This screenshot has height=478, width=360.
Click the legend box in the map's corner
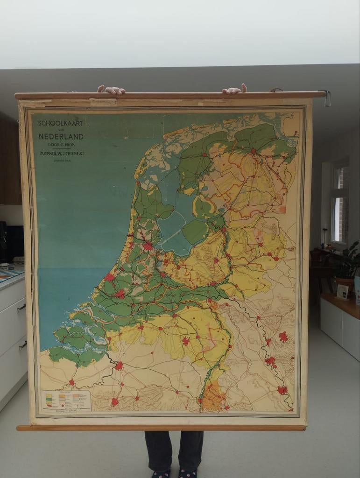(65, 400)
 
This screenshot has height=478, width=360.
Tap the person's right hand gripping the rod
(234, 89)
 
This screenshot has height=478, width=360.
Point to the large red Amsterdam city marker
(148, 246)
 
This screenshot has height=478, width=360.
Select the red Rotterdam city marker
(120, 294)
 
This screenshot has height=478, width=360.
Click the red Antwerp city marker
(119, 366)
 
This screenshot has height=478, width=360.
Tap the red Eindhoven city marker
(186, 341)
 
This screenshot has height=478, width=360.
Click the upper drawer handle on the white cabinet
(21, 307)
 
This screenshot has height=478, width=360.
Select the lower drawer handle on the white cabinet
(22, 345)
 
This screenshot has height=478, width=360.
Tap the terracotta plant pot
(344, 286)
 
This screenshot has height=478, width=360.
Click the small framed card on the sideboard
(343, 292)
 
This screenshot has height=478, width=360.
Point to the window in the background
(339, 205)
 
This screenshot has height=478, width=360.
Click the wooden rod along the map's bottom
(161, 427)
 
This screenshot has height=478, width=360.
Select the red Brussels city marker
(115, 401)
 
